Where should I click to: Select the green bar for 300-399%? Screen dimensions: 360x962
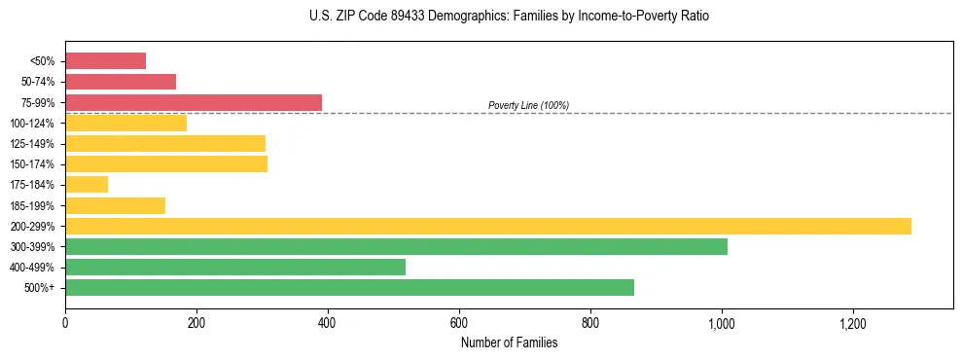click(x=396, y=246)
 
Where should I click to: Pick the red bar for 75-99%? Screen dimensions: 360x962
click(x=194, y=102)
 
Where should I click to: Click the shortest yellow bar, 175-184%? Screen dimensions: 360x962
click(x=87, y=185)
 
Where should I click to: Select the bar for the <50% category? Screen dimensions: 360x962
click(x=105, y=61)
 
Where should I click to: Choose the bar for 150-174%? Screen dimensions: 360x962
click(x=166, y=164)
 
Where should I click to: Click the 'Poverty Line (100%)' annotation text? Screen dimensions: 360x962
click(x=528, y=105)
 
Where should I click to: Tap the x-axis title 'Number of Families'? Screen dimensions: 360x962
click(x=509, y=342)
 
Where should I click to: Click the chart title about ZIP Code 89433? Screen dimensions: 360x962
click(x=510, y=17)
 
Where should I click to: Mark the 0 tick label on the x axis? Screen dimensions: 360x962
click(x=65, y=322)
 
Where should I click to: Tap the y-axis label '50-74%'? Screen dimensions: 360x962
click(x=38, y=82)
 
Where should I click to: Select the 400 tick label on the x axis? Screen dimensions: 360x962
click(x=328, y=322)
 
